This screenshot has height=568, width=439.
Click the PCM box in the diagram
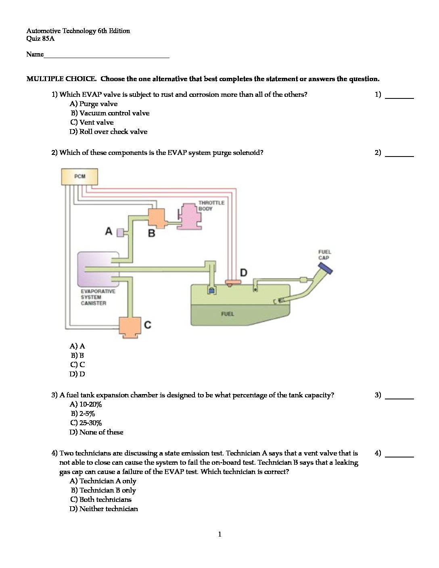click(x=79, y=176)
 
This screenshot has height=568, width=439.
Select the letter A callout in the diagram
click(x=109, y=231)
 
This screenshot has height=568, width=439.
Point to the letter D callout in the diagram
click(x=244, y=273)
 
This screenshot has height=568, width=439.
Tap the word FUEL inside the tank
click(x=227, y=313)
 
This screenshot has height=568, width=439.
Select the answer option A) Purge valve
click(x=94, y=104)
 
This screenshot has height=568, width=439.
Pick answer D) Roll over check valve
click(x=109, y=132)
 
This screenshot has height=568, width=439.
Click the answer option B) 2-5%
click(x=83, y=413)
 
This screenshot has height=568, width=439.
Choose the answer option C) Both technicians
click(x=101, y=499)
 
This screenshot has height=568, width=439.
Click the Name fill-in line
click(x=107, y=57)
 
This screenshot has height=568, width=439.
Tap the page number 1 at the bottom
click(x=219, y=535)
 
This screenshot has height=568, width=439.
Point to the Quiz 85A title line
click(x=40, y=39)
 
